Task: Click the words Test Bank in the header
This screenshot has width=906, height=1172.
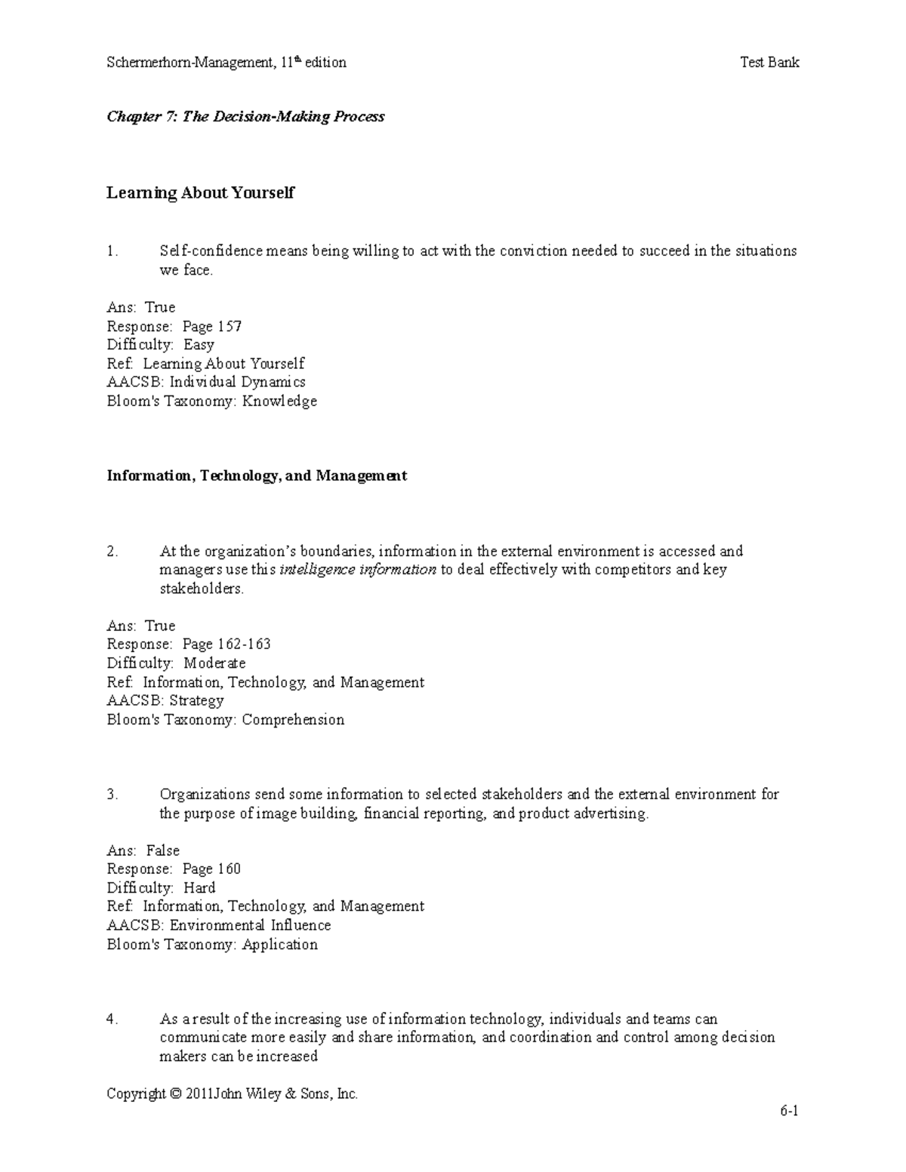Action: click(769, 63)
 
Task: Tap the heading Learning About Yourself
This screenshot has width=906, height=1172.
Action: click(200, 192)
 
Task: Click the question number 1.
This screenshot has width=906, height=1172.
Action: click(112, 251)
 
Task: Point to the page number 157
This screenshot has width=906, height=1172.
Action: click(230, 326)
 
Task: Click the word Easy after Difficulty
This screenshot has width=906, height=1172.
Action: click(199, 345)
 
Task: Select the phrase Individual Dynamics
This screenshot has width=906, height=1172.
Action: click(237, 382)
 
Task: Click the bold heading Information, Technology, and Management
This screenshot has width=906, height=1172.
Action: click(257, 475)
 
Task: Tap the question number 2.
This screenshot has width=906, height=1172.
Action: click(112, 551)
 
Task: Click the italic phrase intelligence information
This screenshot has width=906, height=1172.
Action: click(358, 570)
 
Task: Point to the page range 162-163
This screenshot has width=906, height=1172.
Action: click(244, 644)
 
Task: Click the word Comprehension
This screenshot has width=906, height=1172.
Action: click(293, 719)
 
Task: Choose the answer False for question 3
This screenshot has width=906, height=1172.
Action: click(162, 851)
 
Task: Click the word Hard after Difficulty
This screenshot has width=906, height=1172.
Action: click(199, 887)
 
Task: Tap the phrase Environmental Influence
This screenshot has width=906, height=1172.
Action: click(250, 925)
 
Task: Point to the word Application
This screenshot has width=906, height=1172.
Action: click(279, 944)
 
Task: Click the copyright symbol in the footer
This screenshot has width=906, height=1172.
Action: click(176, 1094)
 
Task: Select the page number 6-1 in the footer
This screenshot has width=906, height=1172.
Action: click(790, 1112)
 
